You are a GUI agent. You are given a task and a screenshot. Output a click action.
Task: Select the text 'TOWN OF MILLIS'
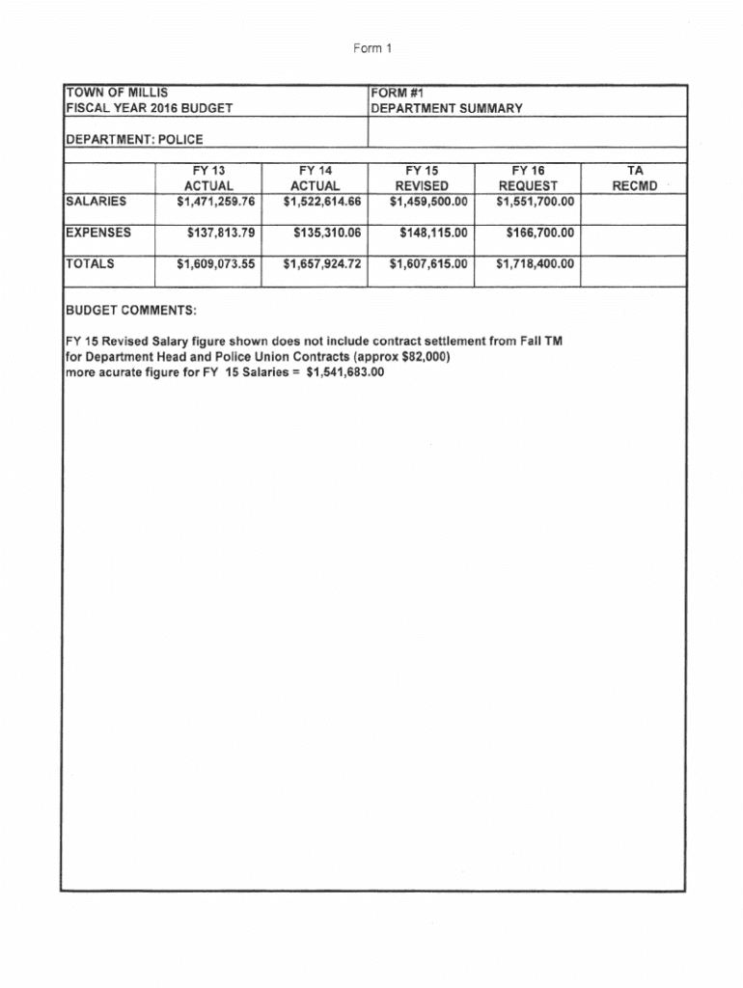pos(117,93)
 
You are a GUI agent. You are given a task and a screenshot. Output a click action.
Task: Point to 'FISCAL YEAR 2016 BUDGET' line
pos(149,108)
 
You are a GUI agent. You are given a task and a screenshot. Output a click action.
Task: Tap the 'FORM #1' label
pos(398,93)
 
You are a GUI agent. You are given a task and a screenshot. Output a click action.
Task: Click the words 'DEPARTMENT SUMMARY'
pos(447,108)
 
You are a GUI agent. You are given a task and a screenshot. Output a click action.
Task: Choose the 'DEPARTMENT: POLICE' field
pos(134,139)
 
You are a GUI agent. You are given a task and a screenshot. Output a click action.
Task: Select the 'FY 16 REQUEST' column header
pos(528,178)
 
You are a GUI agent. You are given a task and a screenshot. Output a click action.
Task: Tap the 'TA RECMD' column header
pos(634,178)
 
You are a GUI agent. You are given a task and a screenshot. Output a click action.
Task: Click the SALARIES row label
pos(96,202)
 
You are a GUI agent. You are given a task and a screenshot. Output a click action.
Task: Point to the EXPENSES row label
pos(97,233)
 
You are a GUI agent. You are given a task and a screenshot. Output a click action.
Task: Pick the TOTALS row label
pos(90,263)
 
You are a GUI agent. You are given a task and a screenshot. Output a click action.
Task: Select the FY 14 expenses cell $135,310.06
pos(320,233)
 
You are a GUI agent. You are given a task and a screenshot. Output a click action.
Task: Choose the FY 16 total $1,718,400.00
pos(535,263)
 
